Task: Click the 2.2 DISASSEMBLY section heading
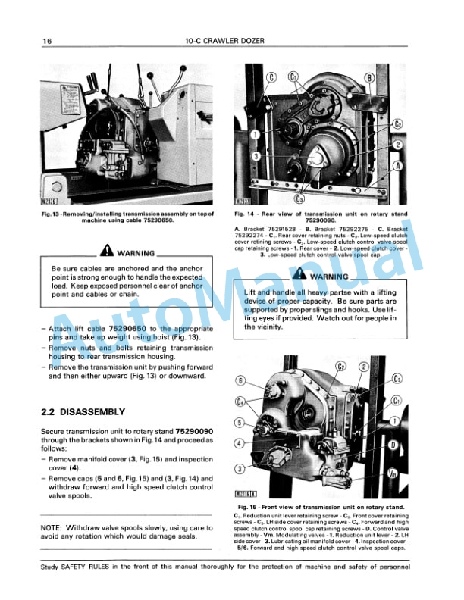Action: click(83, 411)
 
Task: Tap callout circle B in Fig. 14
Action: click(369, 77)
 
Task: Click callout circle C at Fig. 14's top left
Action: click(271, 76)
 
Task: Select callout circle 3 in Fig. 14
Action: click(257, 155)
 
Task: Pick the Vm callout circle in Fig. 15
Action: click(392, 473)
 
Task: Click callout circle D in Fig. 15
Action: click(394, 446)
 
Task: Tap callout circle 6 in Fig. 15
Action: click(240, 380)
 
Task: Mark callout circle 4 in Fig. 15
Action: click(240, 443)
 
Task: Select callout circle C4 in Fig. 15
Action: click(240, 402)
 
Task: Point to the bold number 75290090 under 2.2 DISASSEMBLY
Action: click(192, 429)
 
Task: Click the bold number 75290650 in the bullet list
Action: click(124, 328)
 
